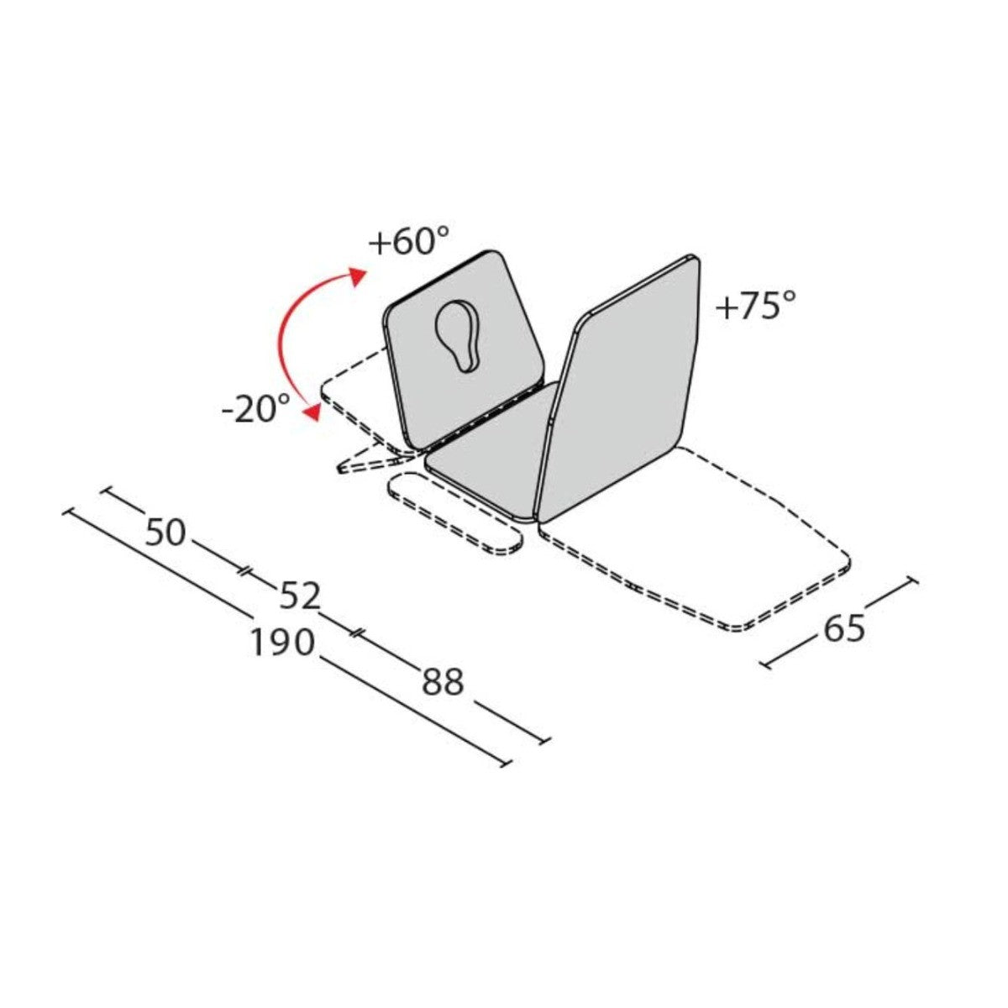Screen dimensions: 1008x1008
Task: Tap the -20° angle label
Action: coord(256,411)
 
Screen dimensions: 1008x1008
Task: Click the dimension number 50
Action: coord(165,533)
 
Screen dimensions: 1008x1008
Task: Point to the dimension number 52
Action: coord(300,596)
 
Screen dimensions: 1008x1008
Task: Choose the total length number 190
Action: coord(281,643)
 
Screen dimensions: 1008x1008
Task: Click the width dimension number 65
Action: coord(845,627)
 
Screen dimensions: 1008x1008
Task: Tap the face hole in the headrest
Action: coord(458,333)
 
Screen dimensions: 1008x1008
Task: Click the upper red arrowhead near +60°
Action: coord(359,276)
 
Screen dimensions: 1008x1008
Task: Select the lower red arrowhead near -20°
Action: coord(314,411)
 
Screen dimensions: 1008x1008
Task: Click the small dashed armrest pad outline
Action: coord(454,513)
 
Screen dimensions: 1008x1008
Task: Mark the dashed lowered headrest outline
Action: coord(353,395)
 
